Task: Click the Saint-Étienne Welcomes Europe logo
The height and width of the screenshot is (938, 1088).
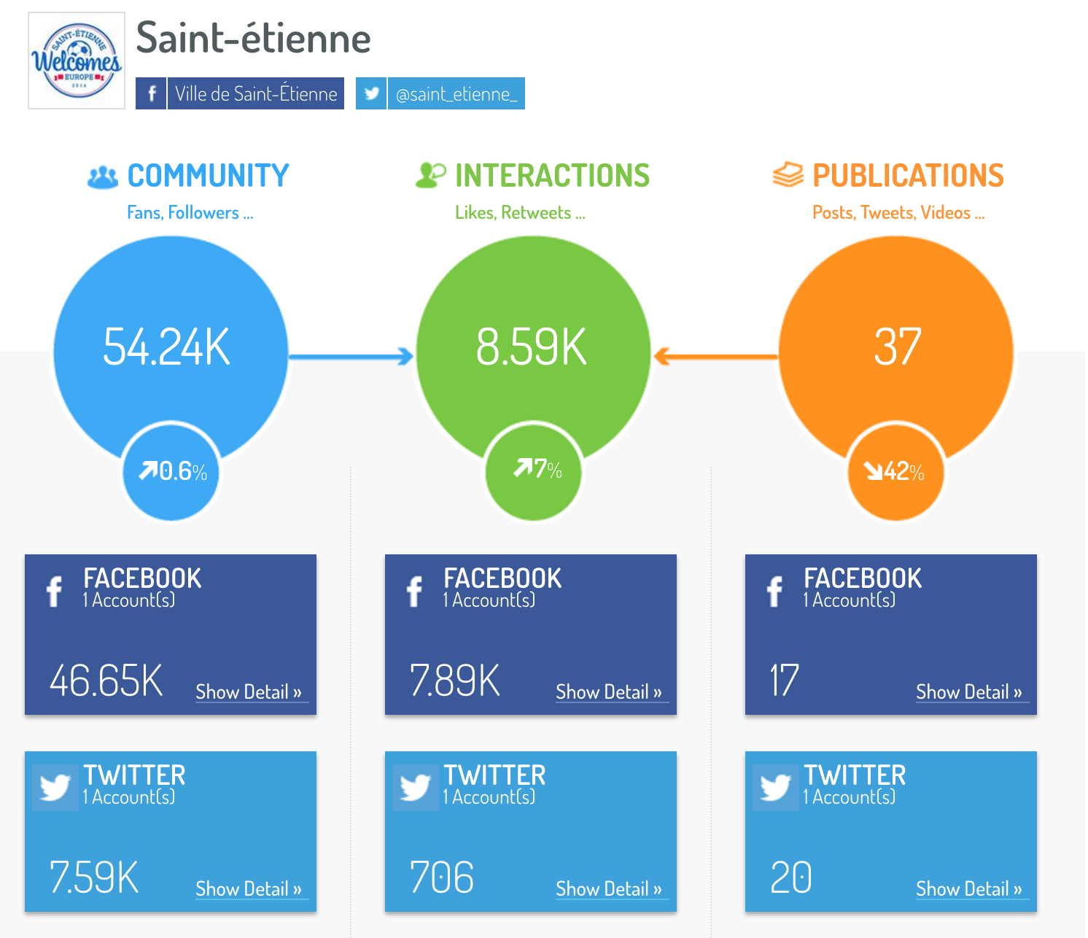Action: pos(77,61)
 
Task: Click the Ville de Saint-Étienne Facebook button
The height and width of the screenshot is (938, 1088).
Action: pos(240,93)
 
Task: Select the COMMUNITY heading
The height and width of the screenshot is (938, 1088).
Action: pos(208,176)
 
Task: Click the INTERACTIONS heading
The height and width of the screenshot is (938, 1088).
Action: pos(552,176)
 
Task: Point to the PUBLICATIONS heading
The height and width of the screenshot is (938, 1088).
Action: pos(908,176)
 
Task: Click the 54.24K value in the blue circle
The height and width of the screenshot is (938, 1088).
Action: pos(167,346)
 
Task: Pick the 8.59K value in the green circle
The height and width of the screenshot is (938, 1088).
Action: pos(531,346)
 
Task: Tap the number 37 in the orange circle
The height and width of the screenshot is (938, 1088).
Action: pos(897,346)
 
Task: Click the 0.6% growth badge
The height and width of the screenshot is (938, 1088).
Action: pos(173,471)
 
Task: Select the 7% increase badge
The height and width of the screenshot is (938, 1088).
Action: pos(537,469)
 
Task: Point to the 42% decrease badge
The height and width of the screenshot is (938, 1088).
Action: pos(895,472)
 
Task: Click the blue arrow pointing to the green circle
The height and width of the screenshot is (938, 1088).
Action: pos(351,357)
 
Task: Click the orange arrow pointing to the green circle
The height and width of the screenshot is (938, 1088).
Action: pos(715,357)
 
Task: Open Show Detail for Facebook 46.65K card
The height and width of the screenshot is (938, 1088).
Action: pos(249,692)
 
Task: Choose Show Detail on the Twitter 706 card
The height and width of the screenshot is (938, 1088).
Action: pos(609,889)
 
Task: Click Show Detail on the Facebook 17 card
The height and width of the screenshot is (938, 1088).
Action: pos(969,692)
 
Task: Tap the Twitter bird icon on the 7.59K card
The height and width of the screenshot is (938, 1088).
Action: pos(55,788)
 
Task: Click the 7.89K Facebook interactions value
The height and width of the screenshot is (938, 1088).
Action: pos(455,681)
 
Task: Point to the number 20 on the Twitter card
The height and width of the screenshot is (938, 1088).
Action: pos(790,877)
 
